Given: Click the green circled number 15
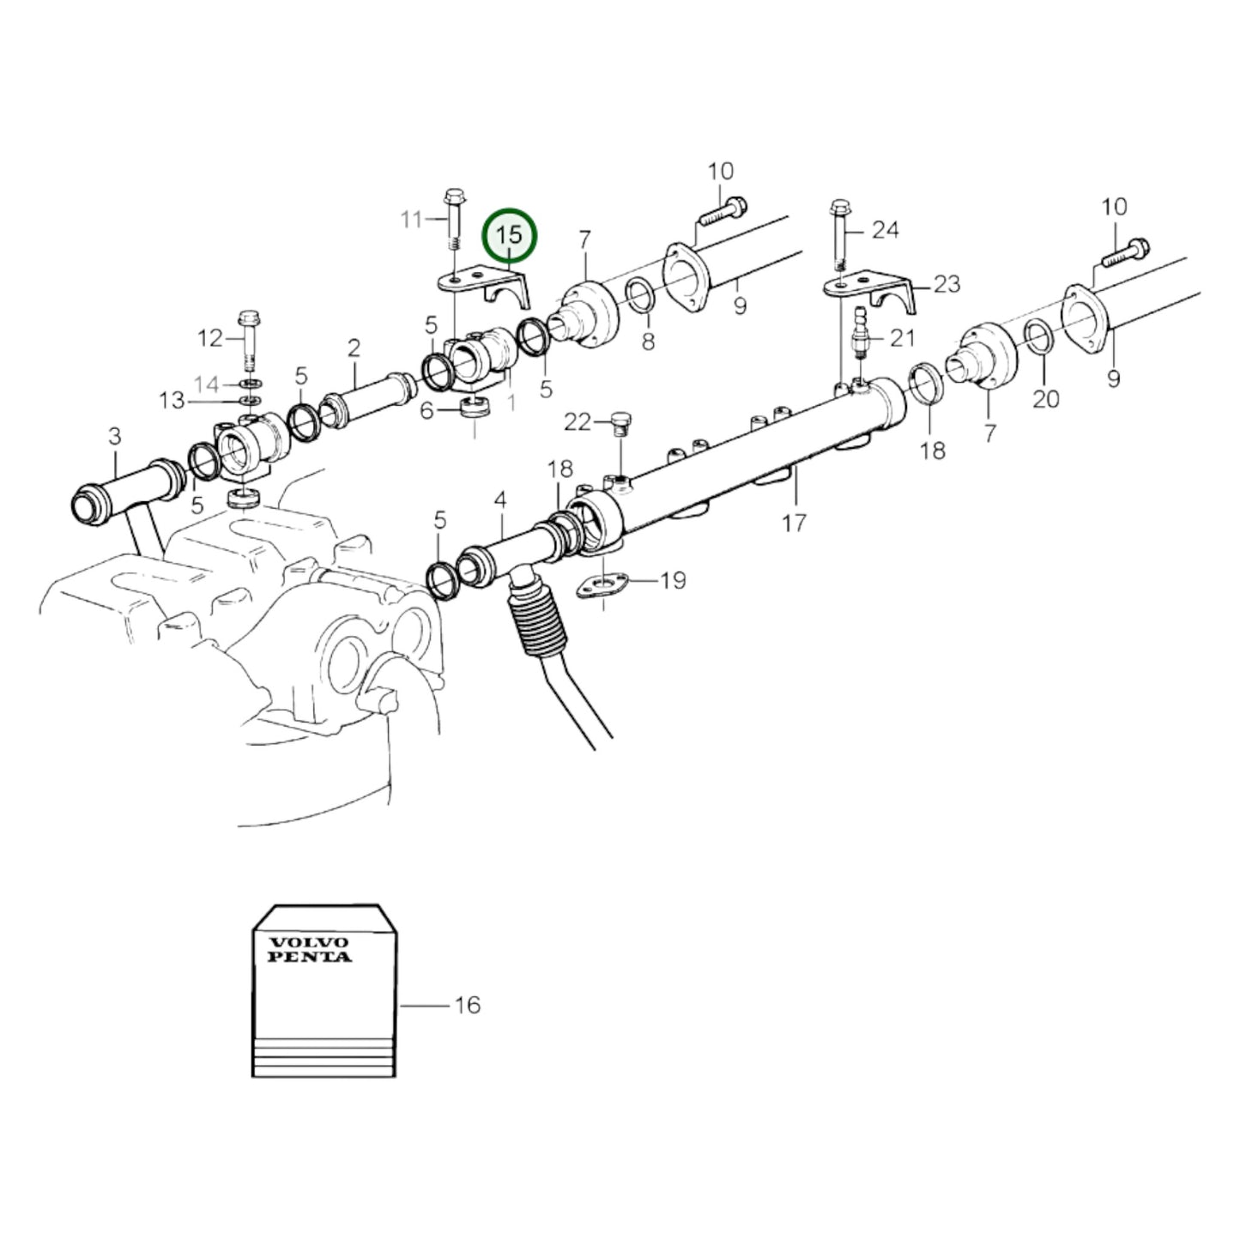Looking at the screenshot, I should tap(509, 234).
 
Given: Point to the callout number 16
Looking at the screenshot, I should tap(467, 1004).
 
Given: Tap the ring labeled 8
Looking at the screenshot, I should tap(638, 296).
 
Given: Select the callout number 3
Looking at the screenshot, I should tap(115, 437).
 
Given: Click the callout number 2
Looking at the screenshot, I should tap(354, 348).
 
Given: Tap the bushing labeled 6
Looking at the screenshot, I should tap(475, 410).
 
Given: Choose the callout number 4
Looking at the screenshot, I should tap(500, 499).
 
